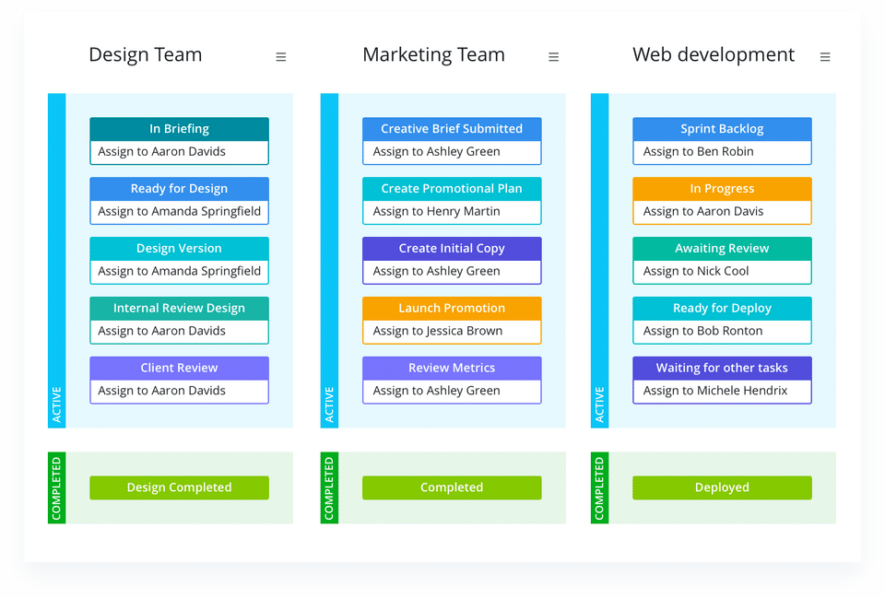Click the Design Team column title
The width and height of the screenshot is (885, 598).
[x=145, y=55]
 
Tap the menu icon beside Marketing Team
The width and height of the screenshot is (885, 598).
[x=553, y=57]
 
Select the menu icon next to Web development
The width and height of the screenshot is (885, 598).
[x=825, y=57]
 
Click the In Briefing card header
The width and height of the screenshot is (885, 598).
[x=179, y=129]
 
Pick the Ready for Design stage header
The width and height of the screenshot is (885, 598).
[x=179, y=189]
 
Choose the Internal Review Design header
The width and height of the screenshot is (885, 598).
[x=179, y=309]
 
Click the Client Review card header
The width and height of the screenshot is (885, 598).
[x=179, y=369]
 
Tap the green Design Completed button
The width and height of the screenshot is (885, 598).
[x=179, y=487]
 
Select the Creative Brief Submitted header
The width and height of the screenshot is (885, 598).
[x=452, y=129]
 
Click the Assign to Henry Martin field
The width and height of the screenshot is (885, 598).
[x=452, y=212]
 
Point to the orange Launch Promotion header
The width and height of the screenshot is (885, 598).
[x=452, y=309]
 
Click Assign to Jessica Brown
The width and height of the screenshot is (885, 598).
[x=452, y=331]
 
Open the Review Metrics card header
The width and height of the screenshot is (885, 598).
[x=452, y=369]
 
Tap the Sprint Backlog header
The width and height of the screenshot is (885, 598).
[x=722, y=129]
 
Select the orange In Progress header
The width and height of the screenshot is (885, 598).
[x=722, y=189]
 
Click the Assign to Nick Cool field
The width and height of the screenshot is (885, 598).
[x=722, y=272]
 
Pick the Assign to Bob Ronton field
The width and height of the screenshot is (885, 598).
[x=722, y=331]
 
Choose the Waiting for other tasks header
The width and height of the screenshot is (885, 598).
[x=722, y=369]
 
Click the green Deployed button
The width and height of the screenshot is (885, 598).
[x=722, y=487]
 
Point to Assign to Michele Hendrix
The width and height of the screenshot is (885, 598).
[x=722, y=391]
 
